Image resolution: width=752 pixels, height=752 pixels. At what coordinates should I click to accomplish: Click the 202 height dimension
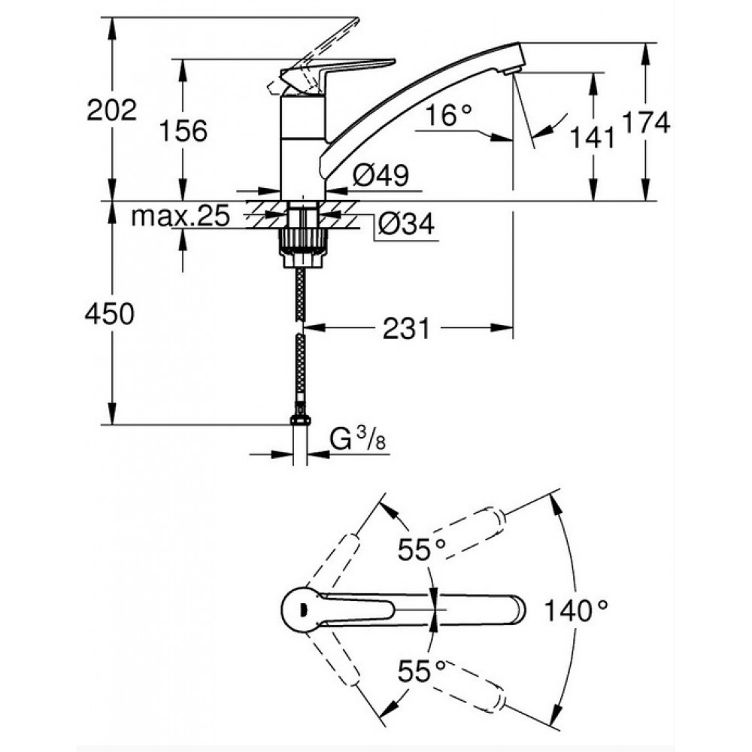tap(112, 111)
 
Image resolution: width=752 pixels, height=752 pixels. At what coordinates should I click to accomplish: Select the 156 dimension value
tap(183, 130)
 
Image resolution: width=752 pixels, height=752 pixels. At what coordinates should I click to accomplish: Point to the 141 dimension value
tap(592, 138)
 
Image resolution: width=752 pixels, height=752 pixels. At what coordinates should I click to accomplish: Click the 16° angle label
tap(448, 115)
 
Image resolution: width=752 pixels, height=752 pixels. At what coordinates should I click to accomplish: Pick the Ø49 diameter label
tap(381, 174)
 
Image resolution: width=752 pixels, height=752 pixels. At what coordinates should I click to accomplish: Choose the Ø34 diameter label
tap(406, 223)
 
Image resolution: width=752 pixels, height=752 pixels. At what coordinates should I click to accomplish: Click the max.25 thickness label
tap(180, 217)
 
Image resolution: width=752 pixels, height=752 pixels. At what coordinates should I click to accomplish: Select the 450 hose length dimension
tap(109, 314)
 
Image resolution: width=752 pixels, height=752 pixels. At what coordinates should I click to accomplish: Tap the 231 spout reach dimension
tap(406, 329)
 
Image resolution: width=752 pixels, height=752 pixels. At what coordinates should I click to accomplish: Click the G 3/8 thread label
tap(358, 440)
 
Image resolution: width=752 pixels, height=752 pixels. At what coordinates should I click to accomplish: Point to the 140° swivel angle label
tap(576, 611)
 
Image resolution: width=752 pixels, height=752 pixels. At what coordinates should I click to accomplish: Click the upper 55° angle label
tap(422, 549)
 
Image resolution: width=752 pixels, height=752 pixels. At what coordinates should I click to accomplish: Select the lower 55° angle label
tap(422, 671)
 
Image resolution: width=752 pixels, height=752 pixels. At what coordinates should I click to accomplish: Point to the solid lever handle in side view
tap(335, 73)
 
